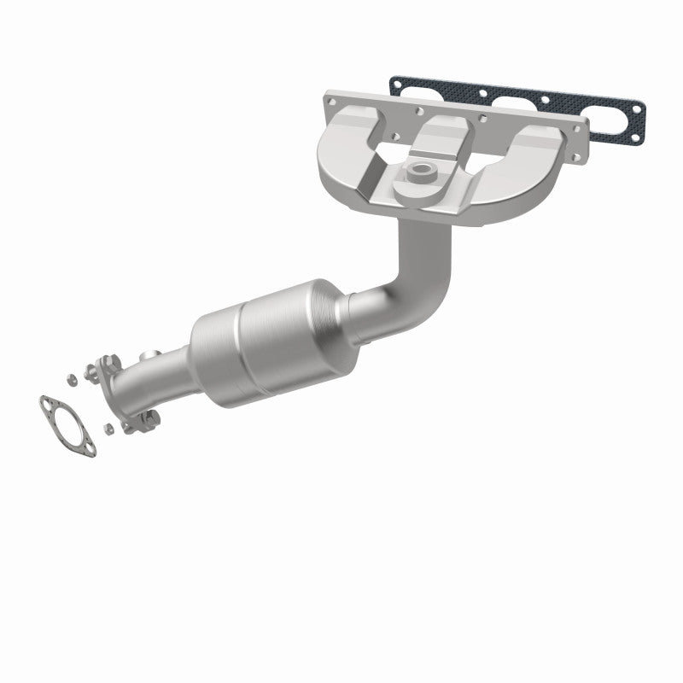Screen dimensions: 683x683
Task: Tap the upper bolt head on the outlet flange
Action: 108,363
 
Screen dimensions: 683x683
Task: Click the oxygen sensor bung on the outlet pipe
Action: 151,354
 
